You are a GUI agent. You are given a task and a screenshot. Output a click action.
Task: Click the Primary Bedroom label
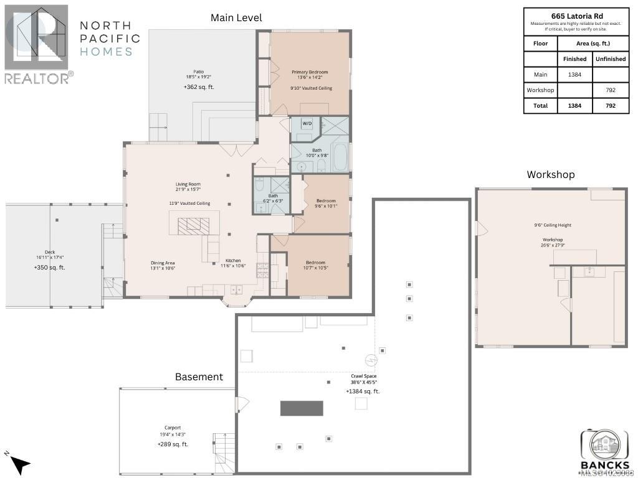(310, 72)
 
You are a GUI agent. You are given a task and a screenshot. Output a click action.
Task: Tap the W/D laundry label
(307, 124)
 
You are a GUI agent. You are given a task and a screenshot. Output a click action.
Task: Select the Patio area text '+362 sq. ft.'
(199, 87)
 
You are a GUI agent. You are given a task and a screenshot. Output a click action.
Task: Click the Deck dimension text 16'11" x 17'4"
(50, 257)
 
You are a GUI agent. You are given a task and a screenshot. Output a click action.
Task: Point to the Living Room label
(188, 184)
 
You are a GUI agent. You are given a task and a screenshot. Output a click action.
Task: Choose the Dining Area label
(163, 263)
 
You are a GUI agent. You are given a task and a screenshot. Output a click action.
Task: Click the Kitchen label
(233, 261)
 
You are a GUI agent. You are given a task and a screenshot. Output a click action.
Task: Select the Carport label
(173, 428)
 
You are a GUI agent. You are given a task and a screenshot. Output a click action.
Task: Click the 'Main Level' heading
(236, 17)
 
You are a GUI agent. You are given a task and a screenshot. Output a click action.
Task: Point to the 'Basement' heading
(199, 377)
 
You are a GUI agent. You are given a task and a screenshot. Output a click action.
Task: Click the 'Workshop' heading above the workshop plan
(550, 174)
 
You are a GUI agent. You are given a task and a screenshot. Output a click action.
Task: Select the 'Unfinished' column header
(610, 59)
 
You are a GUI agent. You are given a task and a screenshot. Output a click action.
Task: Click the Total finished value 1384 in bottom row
(574, 106)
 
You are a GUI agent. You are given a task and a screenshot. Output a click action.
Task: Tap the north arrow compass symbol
(19, 463)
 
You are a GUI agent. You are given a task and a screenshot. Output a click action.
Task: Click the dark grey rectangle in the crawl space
(302, 408)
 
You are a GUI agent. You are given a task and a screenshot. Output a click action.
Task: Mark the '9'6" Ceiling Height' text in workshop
(553, 225)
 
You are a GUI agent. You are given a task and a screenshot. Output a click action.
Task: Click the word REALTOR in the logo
(36, 78)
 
